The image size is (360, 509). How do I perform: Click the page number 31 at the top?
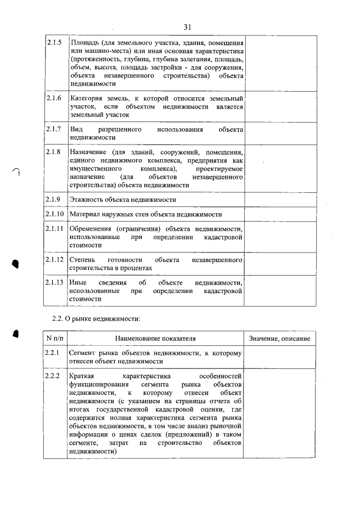pyautogui.click(x=188, y=26)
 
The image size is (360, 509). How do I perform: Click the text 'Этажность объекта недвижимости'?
pyautogui.click(x=123, y=200)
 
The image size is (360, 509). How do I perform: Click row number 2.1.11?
pyautogui.click(x=55, y=229)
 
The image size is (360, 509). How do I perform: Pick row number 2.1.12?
pyautogui.click(x=55, y=260)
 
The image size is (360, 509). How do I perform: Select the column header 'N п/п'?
pyautogui.click(x=55, y=338)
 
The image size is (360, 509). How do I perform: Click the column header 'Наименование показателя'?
pyautogui.click(x=156, y=338)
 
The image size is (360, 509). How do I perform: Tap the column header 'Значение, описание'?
pyautogui.click(x=279, y=338)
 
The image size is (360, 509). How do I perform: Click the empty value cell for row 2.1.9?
pyautogui.click(x=279, y=200)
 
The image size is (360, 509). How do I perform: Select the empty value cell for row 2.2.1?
pyautogui.click(x=279, y=357)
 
